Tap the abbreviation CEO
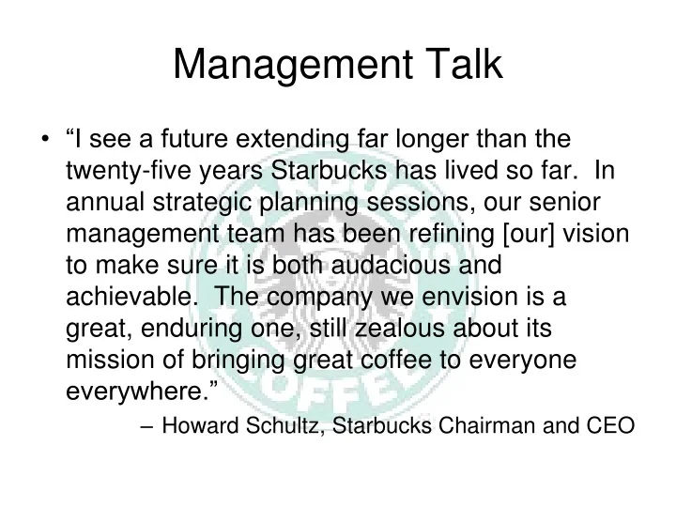(610, 423)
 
